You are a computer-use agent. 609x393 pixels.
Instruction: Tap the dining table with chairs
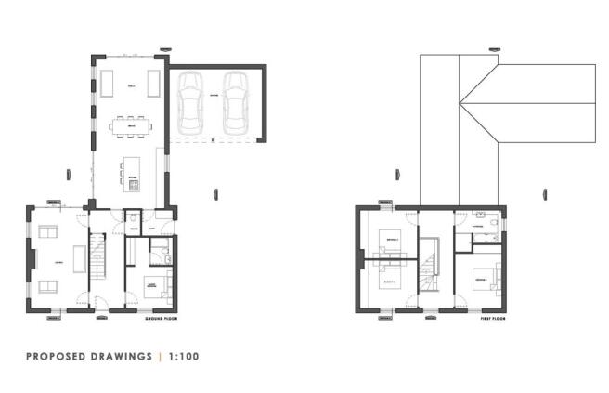tap(129, 125)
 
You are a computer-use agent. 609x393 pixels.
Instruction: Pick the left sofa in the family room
tap(104, 84)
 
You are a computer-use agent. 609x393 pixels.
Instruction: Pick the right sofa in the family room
tap(154, 84)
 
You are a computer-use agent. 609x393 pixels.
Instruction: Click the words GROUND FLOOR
tap(161, 319)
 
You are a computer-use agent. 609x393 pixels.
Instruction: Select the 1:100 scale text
tap(183, 356)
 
